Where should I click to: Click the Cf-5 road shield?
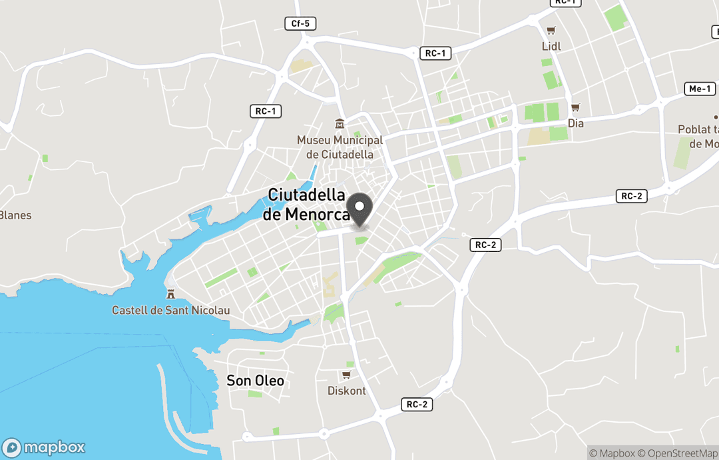[x=300, y=24]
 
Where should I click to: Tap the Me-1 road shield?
[x=700, y=89]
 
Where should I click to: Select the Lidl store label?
[x=551, y=46]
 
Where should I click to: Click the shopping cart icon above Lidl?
[x=551, y=31]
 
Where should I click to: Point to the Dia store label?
[x=576, y=123]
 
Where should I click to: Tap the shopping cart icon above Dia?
[x=575, y=107]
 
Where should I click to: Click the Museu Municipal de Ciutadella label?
[x=340, y=147]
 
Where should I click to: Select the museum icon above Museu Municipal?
[x=340, y=124]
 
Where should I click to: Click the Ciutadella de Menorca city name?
[x=307, y=205]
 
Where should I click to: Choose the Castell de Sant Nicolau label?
[x=170, y=310]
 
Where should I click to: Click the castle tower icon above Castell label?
[x=170, y=294]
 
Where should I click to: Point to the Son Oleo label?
[x=255, y=381]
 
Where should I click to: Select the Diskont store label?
[x=347, y=391]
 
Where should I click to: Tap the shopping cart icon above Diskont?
[x=346, y=375]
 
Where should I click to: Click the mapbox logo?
[x=45, y=447]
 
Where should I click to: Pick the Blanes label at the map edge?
[x=15, y=215]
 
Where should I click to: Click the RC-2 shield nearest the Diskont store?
[x=417, y=405]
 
